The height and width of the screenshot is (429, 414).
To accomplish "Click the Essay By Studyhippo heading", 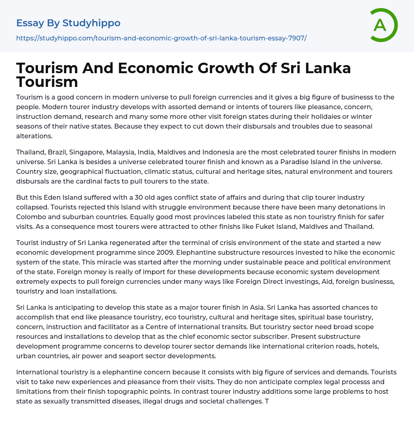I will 68,23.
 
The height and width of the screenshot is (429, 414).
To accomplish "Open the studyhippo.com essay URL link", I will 161,38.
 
